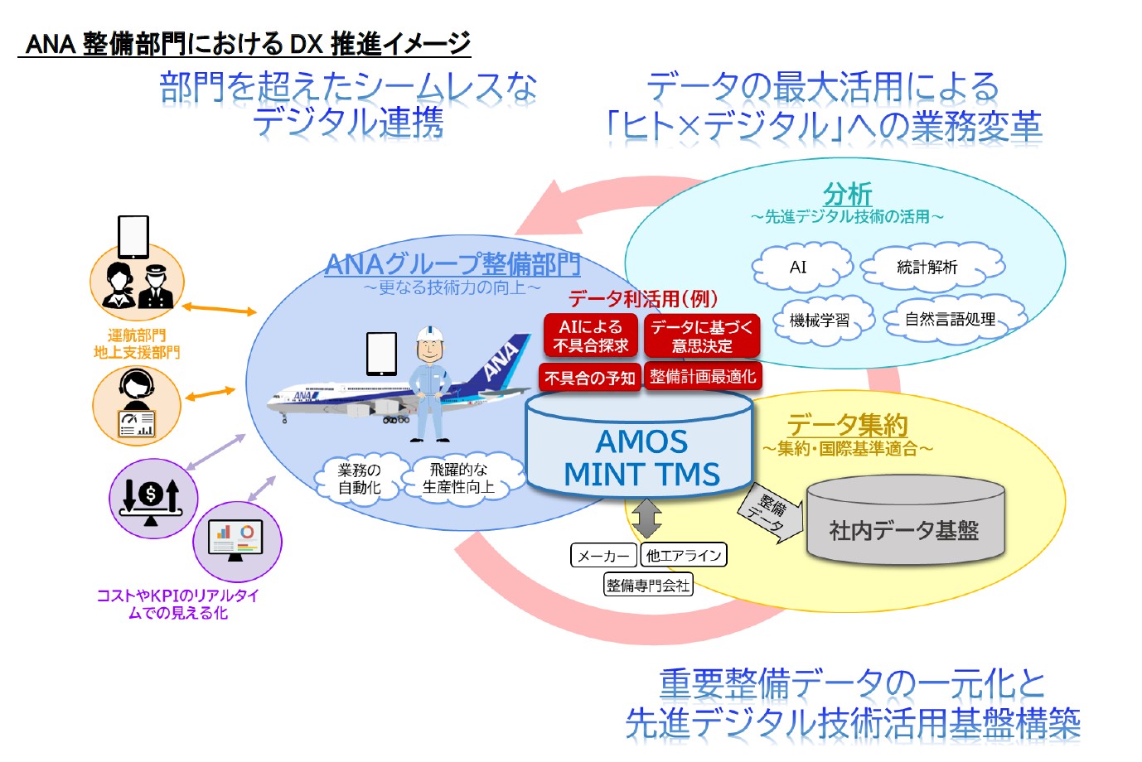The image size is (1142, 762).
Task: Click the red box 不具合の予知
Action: (590, 378)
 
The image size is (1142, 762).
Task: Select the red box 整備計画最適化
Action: (703, 377)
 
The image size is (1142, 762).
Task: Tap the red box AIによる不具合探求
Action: (591, 335)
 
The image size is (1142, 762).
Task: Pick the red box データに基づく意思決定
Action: (702, 335)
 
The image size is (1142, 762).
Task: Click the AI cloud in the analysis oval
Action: (800, 267)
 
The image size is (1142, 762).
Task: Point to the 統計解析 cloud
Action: (928, 267)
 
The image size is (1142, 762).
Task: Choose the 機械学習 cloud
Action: (820, 320)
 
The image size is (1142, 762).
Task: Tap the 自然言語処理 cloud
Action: (951, 319)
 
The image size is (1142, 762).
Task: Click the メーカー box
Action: (603, 555)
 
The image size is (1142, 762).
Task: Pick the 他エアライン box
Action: (684, 555)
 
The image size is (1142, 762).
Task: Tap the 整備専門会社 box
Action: (648, 585)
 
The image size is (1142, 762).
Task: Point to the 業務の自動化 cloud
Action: (360, 478)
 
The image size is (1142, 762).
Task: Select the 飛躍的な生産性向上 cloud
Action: (459, 478)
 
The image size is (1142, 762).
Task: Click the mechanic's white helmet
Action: (430, 333)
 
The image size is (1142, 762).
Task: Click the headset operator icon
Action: (136, 405)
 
